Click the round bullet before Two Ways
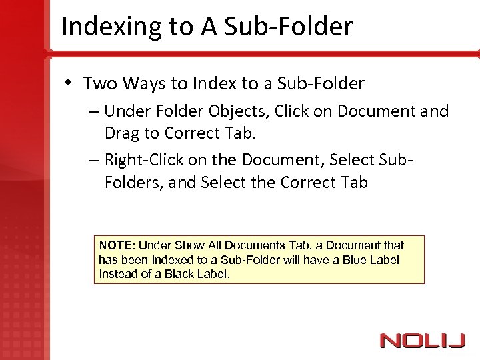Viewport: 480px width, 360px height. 69,83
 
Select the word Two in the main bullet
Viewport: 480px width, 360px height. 98,84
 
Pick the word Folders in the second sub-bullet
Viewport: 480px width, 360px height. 132,182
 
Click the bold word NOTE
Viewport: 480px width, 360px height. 114,245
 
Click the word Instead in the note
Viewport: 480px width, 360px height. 117,273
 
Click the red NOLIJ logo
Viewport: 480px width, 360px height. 422,341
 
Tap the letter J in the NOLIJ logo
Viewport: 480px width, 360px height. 457,341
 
